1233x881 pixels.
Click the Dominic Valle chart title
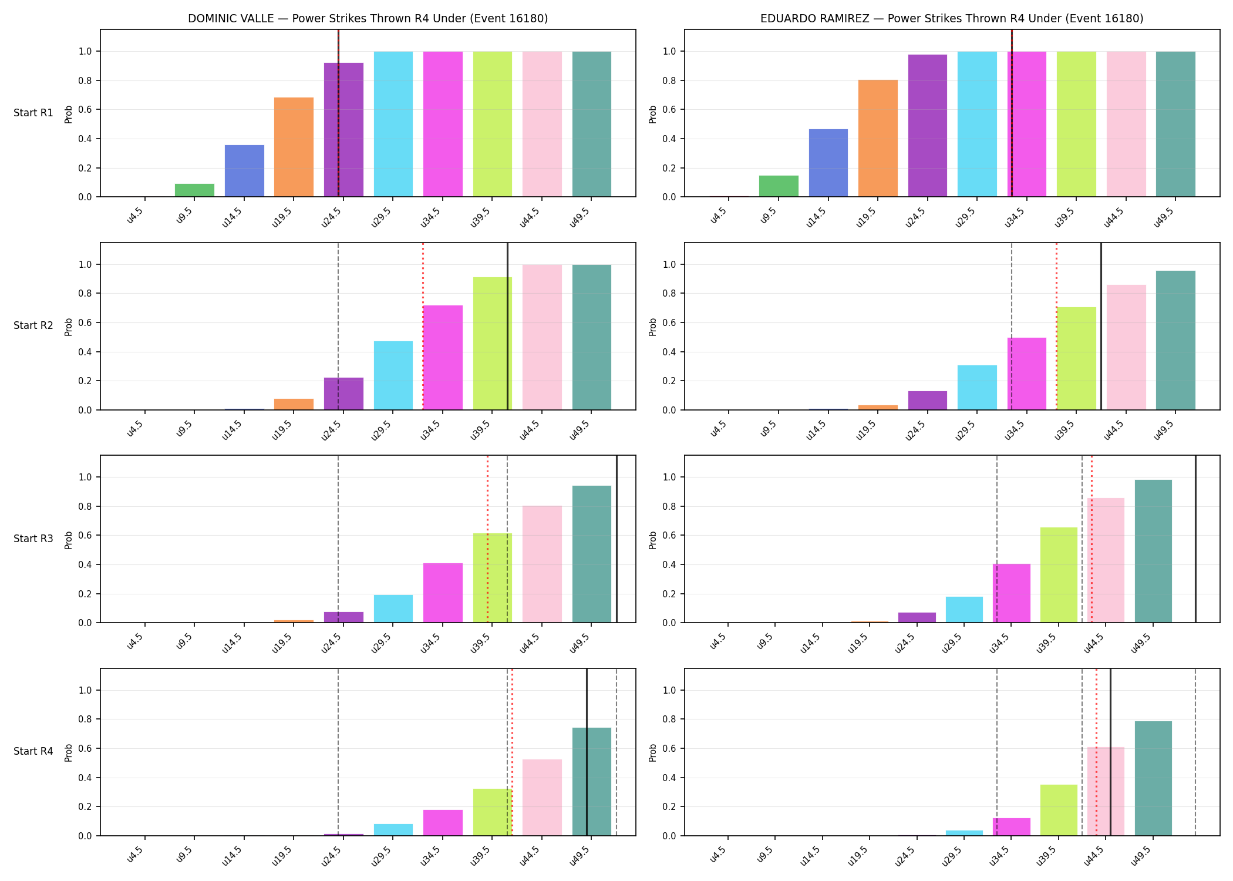tap(368, 18)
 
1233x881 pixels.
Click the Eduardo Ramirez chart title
tap(952, 18)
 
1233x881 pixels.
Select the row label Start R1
tap(33, 113)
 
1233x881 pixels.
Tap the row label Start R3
tap(33, 539)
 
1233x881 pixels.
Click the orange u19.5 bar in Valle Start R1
tap(294, 147)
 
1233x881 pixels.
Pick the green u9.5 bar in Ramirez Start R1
tap(779, 186)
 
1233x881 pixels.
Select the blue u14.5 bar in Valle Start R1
tap(244, 171)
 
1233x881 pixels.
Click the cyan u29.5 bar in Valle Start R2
tap(393, 375)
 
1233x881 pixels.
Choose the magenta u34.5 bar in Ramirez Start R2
tap(1027, 374)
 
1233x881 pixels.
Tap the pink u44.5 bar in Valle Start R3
tap(542, 564)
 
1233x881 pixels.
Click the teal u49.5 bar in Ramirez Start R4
tap(1153, 778)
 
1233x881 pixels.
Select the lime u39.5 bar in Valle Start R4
tap(493, 812)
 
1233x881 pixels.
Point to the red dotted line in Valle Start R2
tap(423, 326)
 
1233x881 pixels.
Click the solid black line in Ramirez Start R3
tap(1196, 539)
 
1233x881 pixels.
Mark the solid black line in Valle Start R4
tap(587, 752)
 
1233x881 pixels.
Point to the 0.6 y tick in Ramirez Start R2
tap(670, 322)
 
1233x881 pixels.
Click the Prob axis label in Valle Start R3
tap(69, 540)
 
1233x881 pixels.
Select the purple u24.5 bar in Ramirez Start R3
tap(917, 618)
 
